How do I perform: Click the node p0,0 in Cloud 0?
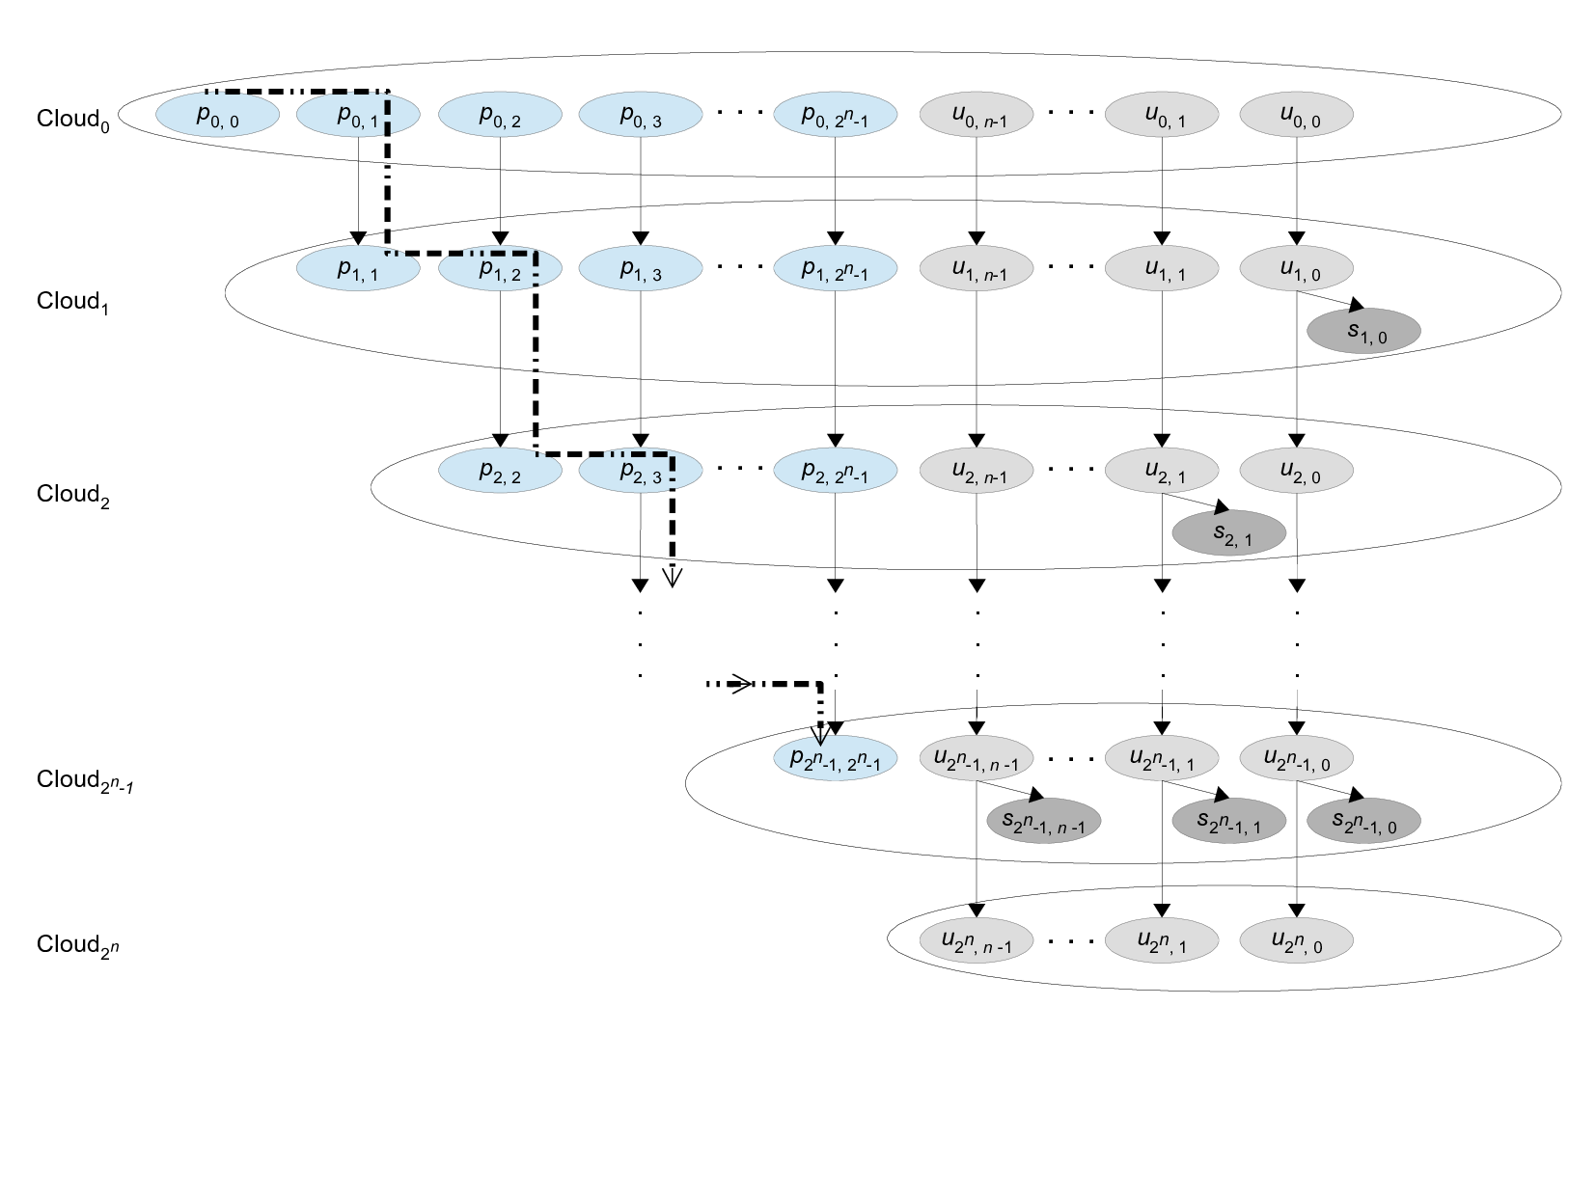[x=217, y=115]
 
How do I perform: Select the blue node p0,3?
[x=640, y=115]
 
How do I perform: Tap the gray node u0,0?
[x=1296, y=115]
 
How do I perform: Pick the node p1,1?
[x=357, y=268]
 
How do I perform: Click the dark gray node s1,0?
[x=1363, y=332]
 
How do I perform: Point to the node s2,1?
[x=1228, y=533]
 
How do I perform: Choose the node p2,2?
[x=500, y=472]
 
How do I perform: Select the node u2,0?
[x=1296, y=472]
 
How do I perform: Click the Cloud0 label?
[x=73, y=120]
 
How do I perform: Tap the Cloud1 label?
[x=73, y=302]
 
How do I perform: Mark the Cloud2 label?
[x=73, y=495]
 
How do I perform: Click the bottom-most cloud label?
[x=77, y=944]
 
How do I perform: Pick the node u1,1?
[x=1161, y=269]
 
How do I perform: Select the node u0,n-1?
[x=977, y=115]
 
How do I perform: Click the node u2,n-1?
[x=977, y=472]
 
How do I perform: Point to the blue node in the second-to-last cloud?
[x=835, y=759]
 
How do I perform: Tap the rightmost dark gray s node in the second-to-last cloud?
[x=1363, y=822]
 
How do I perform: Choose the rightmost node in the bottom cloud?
[x=1296, y=940]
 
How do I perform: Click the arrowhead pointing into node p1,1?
[x=358, y=238]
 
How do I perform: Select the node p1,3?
[x=640, y=269]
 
